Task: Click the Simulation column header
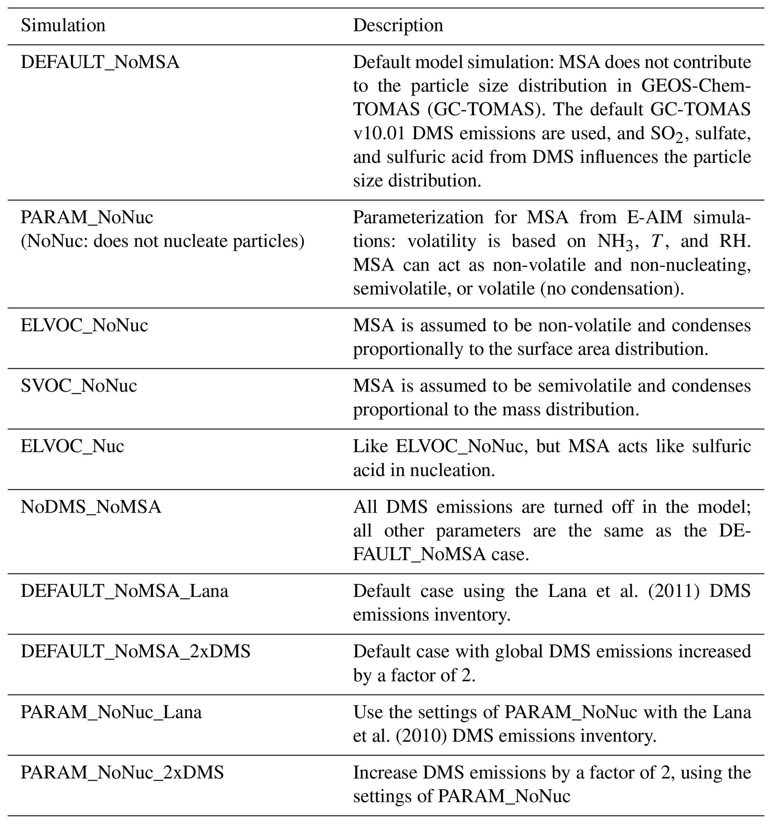click(63, 26)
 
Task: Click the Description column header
click(398, 26)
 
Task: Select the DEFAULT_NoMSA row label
click(100, 62)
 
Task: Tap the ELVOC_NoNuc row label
click(84, 325)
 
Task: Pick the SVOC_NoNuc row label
click(79, 386)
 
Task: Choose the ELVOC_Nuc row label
click(72, 447)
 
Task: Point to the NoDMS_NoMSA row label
click(91, 507)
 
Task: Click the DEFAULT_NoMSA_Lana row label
click(124, 591)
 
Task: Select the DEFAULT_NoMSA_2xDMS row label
click(136, 652)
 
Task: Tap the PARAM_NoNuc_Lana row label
click(111, 712)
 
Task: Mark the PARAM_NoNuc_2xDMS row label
click(122, 772)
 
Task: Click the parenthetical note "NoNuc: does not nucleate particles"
click(162, 241)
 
